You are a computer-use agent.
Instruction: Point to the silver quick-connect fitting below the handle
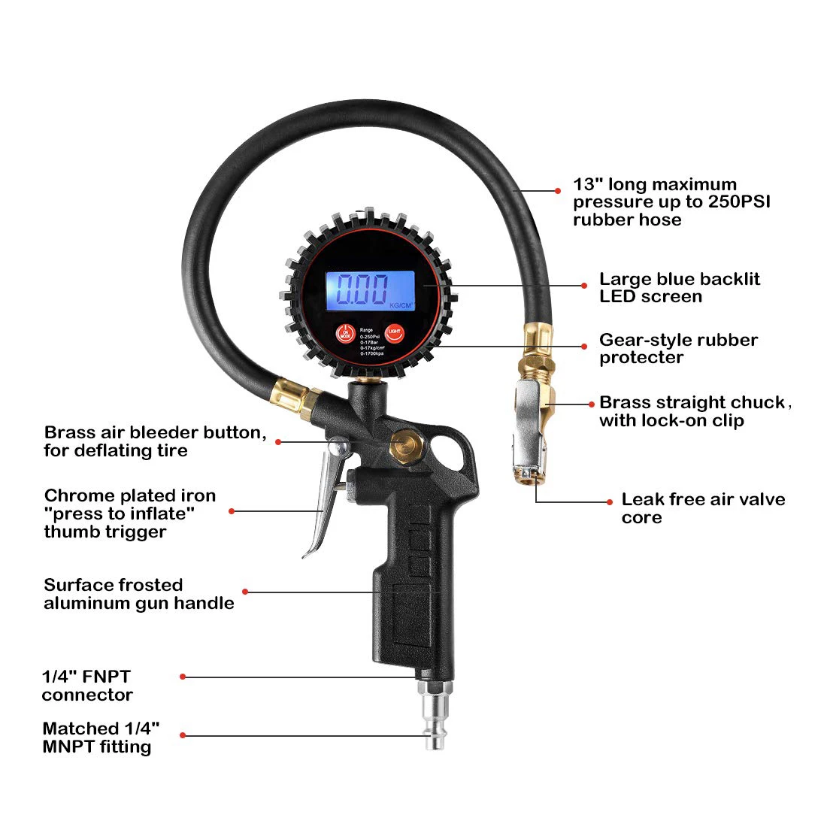(435, 714)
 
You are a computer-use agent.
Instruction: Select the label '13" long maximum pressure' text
(671, 202)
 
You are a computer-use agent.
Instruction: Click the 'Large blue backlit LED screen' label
(679, 288)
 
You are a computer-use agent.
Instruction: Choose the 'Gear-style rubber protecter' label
(678, 349)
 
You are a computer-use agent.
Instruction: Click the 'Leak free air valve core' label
(702, 508)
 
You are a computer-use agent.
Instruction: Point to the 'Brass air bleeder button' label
(155, 441)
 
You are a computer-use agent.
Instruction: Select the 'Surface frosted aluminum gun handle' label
(138, 594)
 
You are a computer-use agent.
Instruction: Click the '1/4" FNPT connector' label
(87, 686)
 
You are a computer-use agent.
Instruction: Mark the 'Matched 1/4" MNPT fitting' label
(101, 738)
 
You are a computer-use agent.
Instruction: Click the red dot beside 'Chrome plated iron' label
(232, 511)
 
